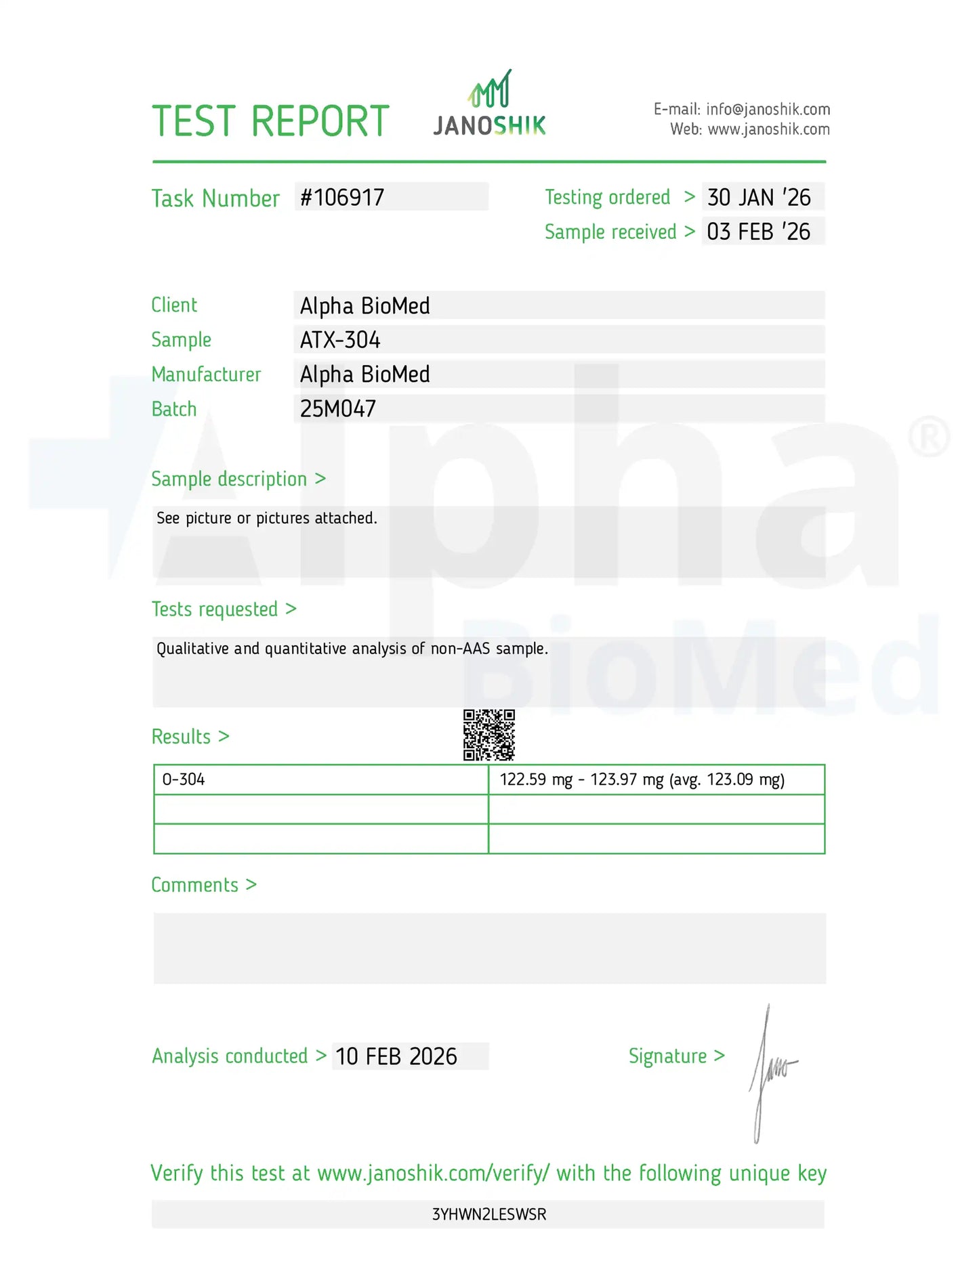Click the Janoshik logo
click(x=489, y=106)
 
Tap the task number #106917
click(x=342, y=198)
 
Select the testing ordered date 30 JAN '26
click(x=759, y=198)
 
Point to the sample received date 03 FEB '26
click(x=758, y=232)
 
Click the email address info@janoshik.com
click(x=768, y=110)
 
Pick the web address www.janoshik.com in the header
click(x=768, y=129)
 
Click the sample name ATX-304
click(x=340, y=340)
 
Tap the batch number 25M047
click(x=338, y=409)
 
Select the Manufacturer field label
click(x=206, y=374)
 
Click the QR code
click(x=488, y=735)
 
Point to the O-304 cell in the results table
click(x=184, y=779)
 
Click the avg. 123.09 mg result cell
click(x=642, y=779)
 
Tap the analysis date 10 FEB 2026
click(x=396, y=1056)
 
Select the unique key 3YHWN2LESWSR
click(x=489, y=1214)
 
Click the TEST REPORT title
click(x=270, y=122)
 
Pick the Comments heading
click(x=195, y=885)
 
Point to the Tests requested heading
click(x=215, y=609)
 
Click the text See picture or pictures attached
click(x=267, y=519)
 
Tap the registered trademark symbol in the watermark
click(x=930, y=436)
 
